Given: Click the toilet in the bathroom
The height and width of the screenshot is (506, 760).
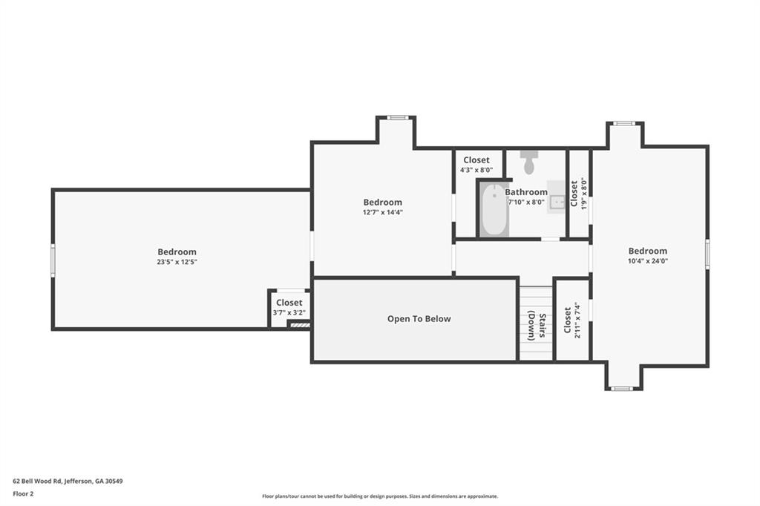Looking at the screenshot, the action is pos(528,162).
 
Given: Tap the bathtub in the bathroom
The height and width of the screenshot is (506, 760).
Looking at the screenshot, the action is pos(494,211).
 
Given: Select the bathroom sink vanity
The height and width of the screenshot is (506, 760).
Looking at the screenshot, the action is pos(557,197).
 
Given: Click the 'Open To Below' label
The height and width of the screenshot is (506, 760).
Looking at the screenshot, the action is pos(419,319).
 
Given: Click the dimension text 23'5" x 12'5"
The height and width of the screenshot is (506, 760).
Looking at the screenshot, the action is pos(177,262).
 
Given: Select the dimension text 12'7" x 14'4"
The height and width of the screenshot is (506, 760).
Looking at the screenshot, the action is pos(383,212).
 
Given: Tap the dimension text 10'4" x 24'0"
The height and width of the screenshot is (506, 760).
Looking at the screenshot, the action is pos(647,260).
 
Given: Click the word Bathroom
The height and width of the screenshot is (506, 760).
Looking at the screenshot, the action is pos(526,192).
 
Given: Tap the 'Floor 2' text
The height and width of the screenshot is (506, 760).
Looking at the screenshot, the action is pos(23,494).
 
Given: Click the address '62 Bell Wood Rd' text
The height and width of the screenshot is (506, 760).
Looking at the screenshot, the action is pos(37,482).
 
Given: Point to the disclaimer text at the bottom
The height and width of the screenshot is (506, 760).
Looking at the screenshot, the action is pos(380,496).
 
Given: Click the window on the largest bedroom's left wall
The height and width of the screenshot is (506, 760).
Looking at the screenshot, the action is pos(53,260).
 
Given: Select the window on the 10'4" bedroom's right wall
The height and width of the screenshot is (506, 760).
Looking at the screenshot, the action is pos(707,253).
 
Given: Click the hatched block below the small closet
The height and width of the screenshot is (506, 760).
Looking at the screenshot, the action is pos(300,325).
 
